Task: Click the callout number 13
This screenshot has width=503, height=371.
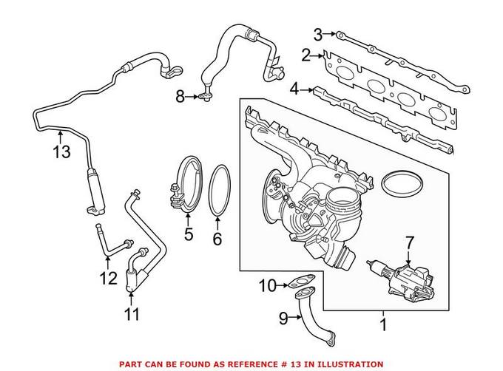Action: [x=61, y=152]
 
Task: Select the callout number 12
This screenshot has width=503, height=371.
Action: [x=109, y=279]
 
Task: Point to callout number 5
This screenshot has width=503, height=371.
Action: [x=188, y=236]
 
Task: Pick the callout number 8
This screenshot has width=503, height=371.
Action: [x=180, y=95]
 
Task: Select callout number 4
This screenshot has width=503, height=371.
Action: [x=294, y=89]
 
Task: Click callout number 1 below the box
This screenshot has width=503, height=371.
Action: [x=383, y=323]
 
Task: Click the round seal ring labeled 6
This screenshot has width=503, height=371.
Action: [x=219, y=191]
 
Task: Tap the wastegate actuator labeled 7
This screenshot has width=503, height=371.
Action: [x=407, y=277]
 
